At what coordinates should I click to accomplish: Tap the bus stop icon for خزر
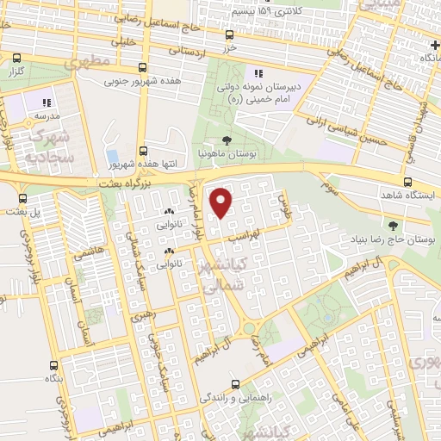228,35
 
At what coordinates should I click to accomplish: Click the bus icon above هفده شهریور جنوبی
143,68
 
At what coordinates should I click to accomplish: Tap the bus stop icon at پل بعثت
22,197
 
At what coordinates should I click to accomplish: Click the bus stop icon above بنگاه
54,364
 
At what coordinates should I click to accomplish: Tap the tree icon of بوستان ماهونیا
226,140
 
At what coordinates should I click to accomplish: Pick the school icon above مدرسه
46,103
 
